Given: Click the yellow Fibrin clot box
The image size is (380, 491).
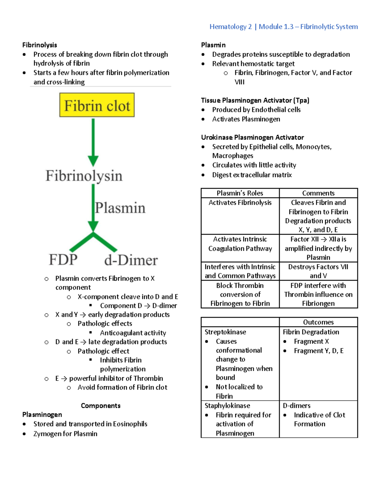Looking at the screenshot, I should pyautogui.click(x=97, y=105).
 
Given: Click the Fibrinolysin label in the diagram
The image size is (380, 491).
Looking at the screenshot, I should pyautogui.click(x=84, y=176).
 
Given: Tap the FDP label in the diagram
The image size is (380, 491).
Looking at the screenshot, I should pyautogui.click(x=63, y=260).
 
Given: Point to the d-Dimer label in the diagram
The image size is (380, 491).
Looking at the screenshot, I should pyautogui.click(x=131, y=260).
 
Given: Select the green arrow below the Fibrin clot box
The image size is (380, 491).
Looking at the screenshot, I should pyautogui.click(x=93, y=142).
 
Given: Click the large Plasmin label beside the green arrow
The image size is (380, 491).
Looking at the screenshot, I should pyautogui.click(x=120, y=208).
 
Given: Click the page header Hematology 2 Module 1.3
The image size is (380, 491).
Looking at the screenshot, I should pyautogui.click(x=283, y=27).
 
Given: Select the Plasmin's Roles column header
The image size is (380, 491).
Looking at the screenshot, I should pyautogui.click(x=240, y=193).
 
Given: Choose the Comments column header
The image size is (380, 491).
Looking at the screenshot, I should pyautogui.click(x=318, y=193).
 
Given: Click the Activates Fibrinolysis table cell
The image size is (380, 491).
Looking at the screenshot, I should pyautogui.click(x=240, y=203).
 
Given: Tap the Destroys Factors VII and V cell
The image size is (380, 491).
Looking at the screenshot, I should pyautogui.click(x=318, y=271).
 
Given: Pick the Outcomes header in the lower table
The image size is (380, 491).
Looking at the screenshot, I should pyautogui.click(x=318, y=322).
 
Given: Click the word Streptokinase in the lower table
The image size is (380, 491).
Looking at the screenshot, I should pyautogui.click(x=225, y=332).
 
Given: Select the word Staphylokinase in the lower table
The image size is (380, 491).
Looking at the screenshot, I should pyautogui.click(x=227, y=406).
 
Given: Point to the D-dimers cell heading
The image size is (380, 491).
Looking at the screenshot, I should pyautogui.click(x=296, y=406).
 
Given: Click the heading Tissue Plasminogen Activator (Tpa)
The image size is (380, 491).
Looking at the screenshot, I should pyautogui.click(x=255, y=101).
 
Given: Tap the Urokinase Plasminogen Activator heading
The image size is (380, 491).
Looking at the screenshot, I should pyautogui.click(x=252, y=138).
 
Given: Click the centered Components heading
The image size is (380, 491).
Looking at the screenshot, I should pyautogui.click(x=101, y=406).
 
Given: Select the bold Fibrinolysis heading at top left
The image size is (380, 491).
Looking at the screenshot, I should pyautogui.click(x=40, y=45).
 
